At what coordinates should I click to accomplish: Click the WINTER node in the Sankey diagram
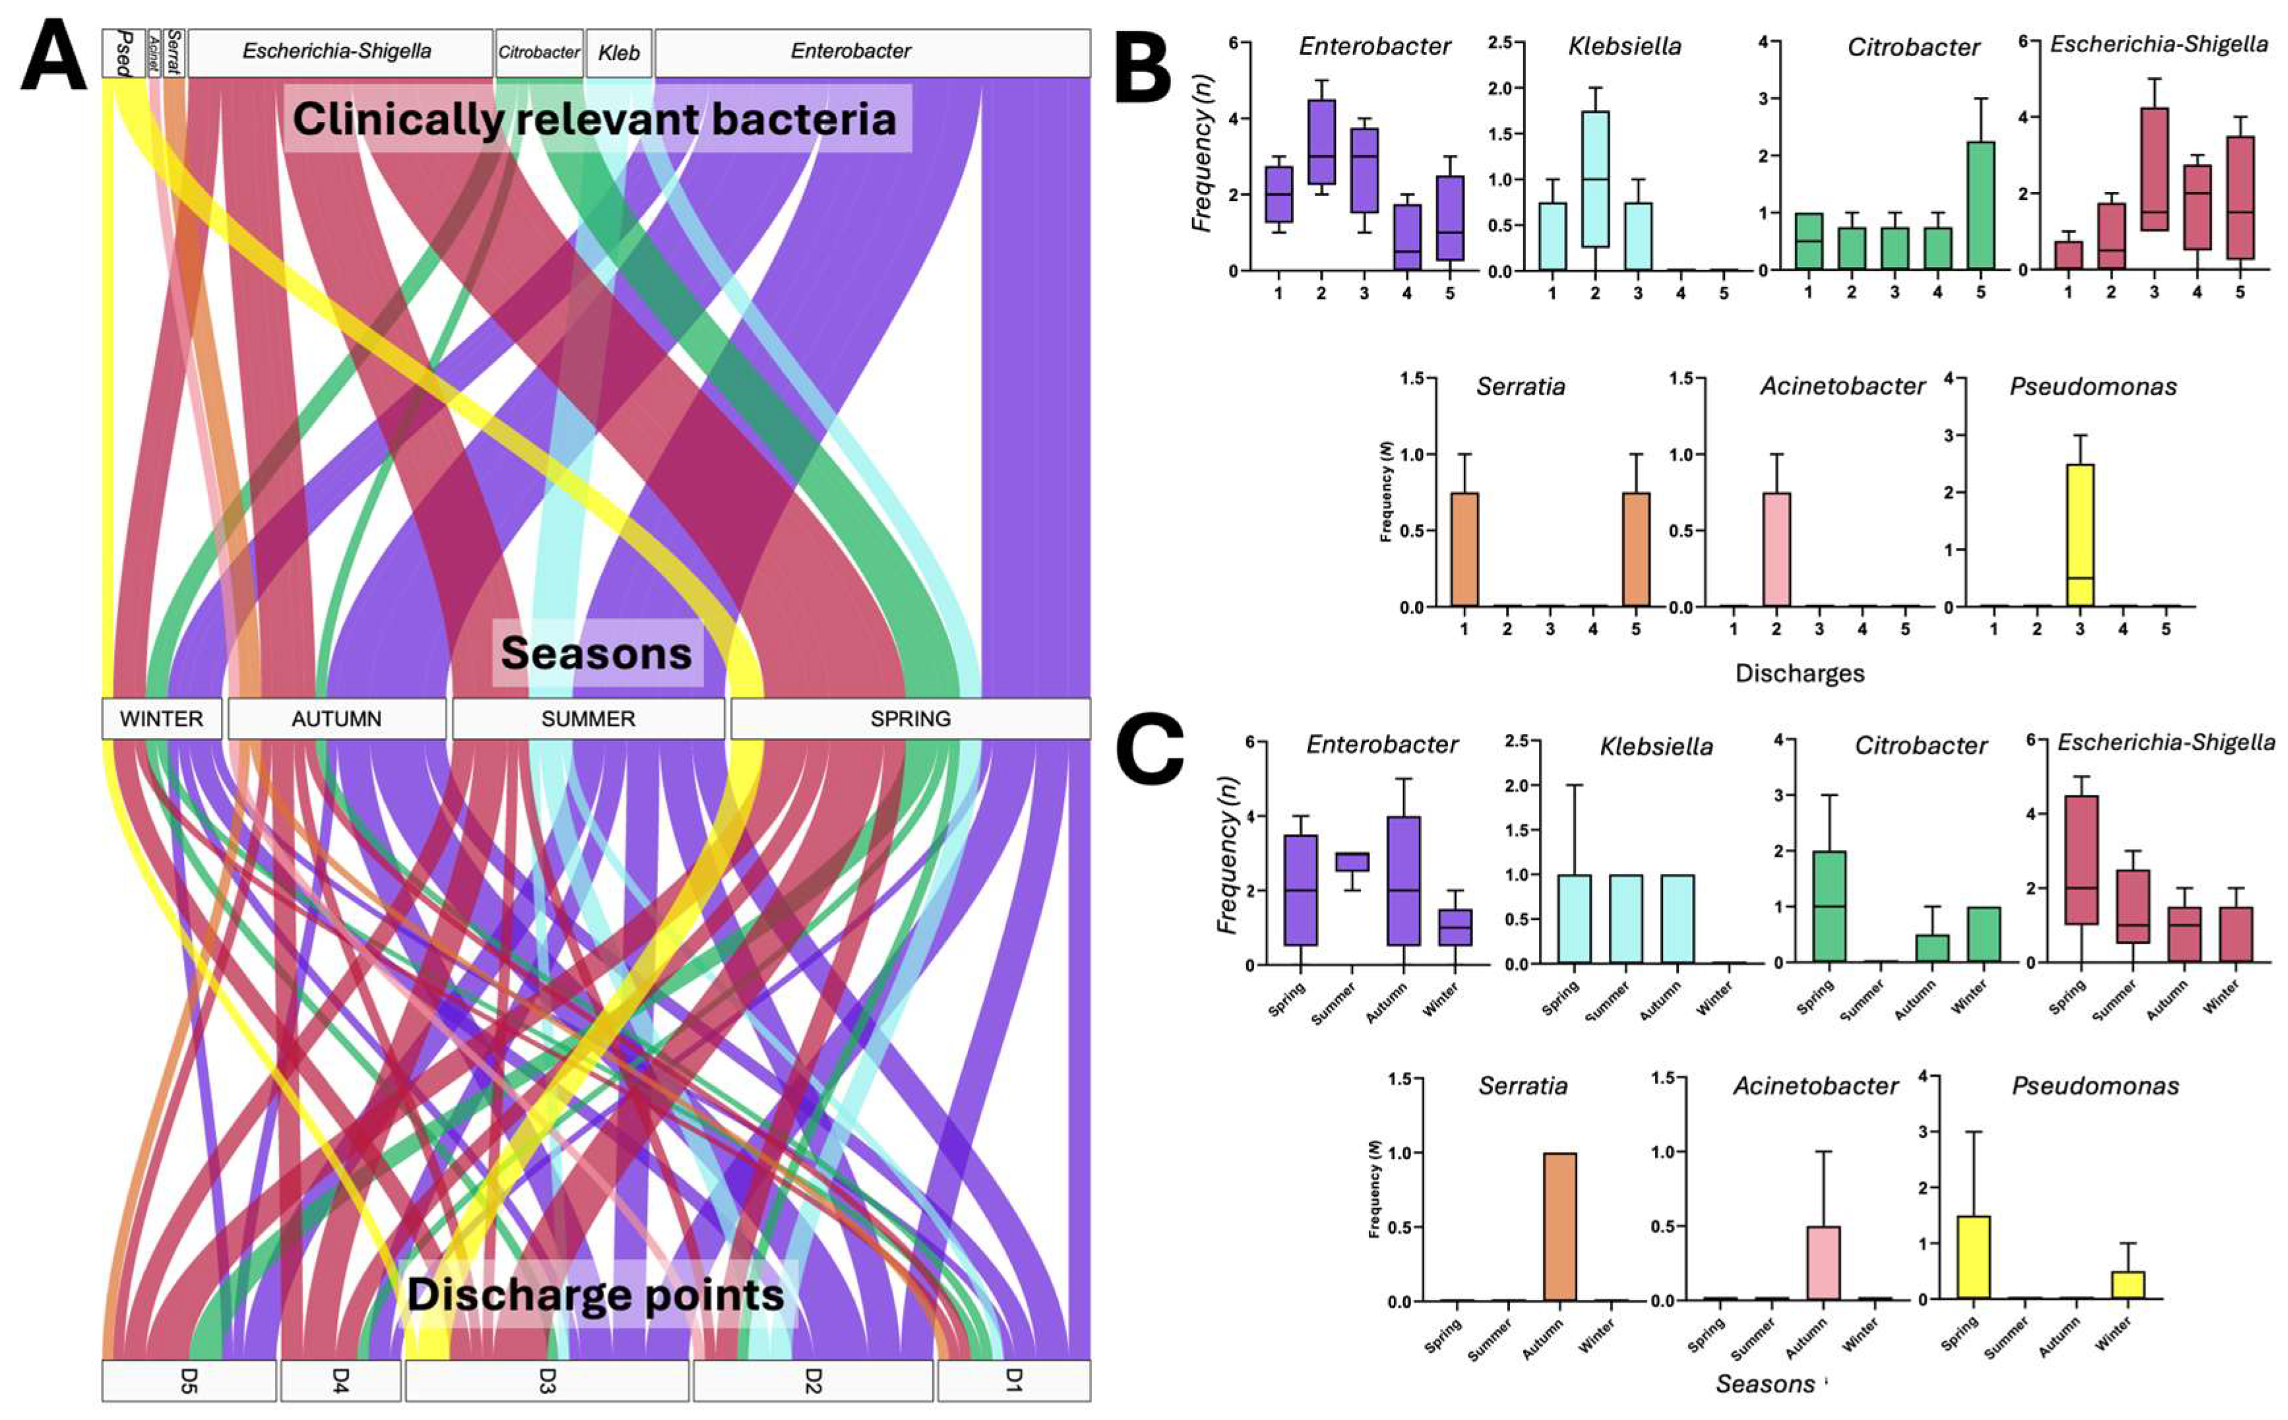click(x=162, y=718)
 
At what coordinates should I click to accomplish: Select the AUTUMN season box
click(x=336, y=718)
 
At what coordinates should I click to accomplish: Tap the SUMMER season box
click(x=587, y=718)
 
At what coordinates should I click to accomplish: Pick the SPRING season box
click(x=910, y=718)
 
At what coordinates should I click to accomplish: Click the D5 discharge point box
click(x=189, y=1380)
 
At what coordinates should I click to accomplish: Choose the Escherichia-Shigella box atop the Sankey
click(x=338, y=51)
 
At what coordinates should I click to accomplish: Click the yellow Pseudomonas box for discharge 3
click(x=2080, y=536)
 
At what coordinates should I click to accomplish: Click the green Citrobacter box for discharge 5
click(x=1981, y=206)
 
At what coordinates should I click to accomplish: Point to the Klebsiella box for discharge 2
click(x=1594, y=179)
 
